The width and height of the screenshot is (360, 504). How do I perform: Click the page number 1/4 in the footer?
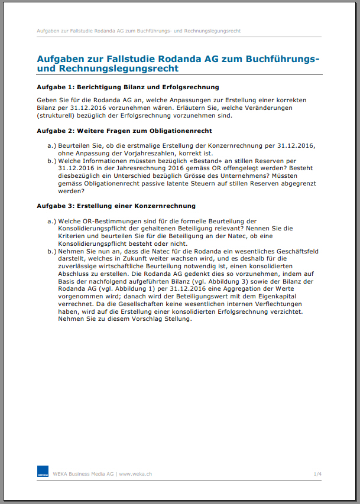pos(317,474)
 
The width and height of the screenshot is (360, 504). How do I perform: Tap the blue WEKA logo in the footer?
pos(43,473)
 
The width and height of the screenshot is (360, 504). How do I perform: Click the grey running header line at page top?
pos(138,30)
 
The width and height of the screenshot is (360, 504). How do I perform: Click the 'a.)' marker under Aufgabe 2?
pos(51,145)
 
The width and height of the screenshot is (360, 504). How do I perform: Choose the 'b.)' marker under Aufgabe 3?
pos(51,251)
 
